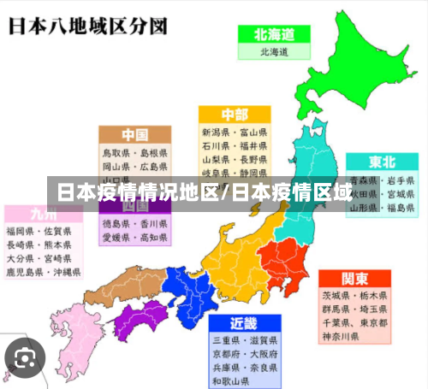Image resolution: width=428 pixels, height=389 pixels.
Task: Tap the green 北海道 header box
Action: tap(273, 35)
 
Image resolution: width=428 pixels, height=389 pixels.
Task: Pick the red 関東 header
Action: tap(354, 280)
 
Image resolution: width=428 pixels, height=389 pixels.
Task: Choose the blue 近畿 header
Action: tap(244, 323)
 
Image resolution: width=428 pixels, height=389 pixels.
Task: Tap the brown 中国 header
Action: tap(134, 135)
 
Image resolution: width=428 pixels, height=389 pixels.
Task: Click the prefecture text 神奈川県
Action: tap(341, 337)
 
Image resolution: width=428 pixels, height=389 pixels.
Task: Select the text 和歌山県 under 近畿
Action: tap(231, 380)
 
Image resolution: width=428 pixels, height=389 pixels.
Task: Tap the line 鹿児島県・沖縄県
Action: tap(43, 273)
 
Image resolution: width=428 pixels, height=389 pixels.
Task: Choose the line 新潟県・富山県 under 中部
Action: tap(234, 133)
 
